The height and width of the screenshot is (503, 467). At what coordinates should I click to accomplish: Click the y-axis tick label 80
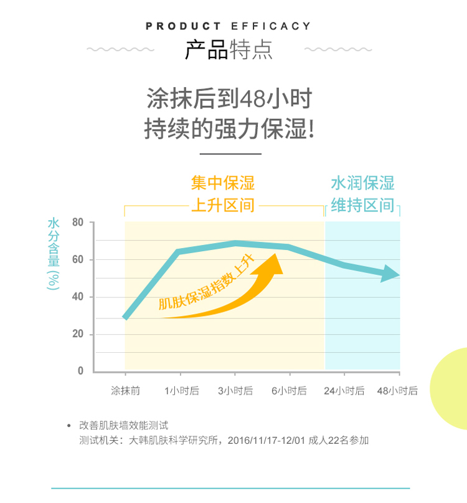pyautogui.click(x=78, y=223)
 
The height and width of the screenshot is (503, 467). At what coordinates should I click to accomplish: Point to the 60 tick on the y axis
pyautogui.click(x=78, y=260)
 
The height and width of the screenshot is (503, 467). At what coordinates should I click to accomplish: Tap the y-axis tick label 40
pyautogui.click(x=78, y=297)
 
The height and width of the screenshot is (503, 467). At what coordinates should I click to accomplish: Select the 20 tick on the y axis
pyautogui.click(x=78, y=335)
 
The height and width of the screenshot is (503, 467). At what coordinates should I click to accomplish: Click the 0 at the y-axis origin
pyautogui.click(x=80, y=371)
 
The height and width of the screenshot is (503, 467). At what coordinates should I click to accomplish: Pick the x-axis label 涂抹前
pyautogui.click(x=125, y=391)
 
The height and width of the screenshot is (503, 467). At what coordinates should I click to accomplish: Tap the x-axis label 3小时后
pyautogui.click(x=235, y=391)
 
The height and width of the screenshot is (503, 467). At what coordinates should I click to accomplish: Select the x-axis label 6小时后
pyautogui.click(x=290, y=391)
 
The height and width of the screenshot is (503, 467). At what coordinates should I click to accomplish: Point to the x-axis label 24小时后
pyautogui.click(x=344, y=391)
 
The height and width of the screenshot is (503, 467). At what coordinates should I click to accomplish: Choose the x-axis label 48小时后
pyautogui.click(x=398, y=391)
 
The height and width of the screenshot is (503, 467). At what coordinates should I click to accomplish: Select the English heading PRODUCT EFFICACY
pyautogui.click(x=228, y=26)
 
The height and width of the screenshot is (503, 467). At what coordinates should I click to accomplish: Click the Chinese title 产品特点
pyautogui.click(x=229, y=50)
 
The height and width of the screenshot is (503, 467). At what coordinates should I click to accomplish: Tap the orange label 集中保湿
pyautogui.click(x=223, y=183)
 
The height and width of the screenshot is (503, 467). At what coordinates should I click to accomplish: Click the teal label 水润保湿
pyautogui.click(x=362, y=183)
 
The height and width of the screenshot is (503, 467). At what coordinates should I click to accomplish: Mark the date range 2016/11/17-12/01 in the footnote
pyautogui.click(x=266, y=441)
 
